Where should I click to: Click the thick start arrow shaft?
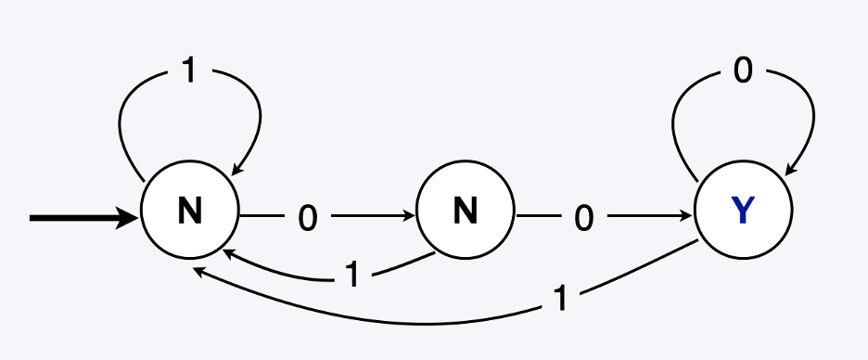74,219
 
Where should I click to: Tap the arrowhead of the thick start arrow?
130,219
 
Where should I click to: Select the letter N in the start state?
190,213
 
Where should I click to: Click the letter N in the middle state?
465,213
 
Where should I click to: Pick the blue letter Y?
742,213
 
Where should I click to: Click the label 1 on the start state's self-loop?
189,71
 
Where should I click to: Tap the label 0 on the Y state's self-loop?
743,71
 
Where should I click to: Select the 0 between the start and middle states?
308,219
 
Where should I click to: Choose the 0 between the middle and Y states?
583,219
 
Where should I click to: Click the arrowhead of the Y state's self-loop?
789,169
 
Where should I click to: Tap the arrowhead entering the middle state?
409,217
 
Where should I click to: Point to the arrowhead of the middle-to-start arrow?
225,251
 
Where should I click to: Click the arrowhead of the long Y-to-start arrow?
198,272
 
